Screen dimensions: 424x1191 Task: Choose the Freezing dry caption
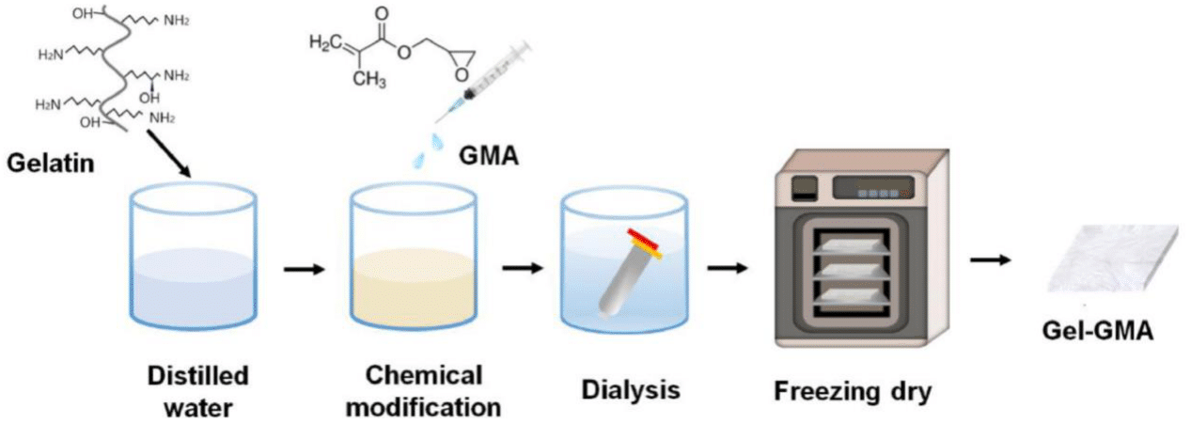tap(853, 389)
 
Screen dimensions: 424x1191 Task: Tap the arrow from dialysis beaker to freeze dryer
tap(728, 270)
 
